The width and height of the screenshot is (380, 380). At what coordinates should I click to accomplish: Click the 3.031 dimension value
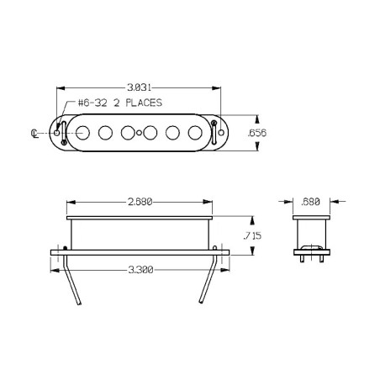139,87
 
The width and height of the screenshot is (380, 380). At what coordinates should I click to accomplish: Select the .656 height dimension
257,133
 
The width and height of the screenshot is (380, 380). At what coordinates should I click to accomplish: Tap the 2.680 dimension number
140,202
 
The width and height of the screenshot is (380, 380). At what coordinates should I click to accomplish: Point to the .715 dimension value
252,235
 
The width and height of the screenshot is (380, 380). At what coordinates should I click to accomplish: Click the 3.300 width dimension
140,270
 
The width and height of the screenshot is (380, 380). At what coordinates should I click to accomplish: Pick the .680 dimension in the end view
310,202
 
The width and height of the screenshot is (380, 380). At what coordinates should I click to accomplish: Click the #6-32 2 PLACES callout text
120,103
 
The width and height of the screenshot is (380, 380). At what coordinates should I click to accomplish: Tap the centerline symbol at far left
34,134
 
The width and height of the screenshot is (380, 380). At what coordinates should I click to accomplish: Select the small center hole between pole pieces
139,133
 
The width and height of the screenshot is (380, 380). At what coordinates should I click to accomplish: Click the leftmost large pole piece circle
82,133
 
